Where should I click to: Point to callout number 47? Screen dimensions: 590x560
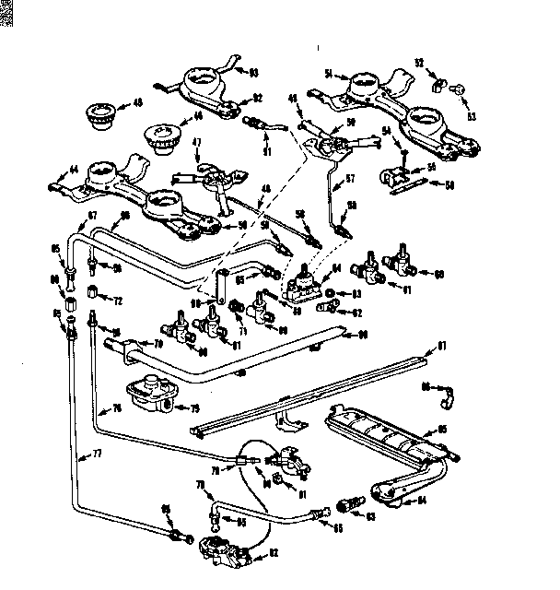(197, 143)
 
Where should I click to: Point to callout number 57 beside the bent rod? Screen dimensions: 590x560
(350, 178)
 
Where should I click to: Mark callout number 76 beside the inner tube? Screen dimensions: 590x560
(117, 408)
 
